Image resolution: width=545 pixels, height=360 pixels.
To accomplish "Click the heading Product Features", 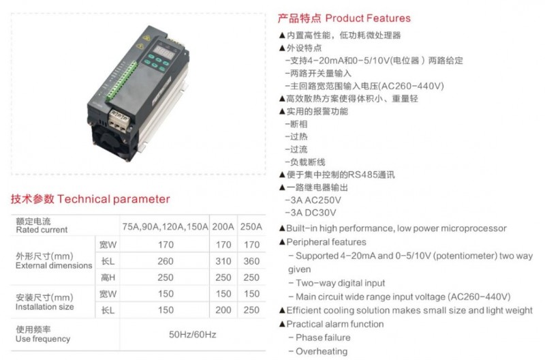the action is pyautogui.click(x=368, y=18).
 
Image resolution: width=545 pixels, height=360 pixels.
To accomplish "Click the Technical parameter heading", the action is pyautogui.click(x=114, y=199).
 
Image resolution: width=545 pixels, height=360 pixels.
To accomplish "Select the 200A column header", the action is pyautogui.click(x=223, y=227).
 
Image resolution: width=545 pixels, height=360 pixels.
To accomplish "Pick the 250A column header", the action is pyautogui.click(x=251, y=227).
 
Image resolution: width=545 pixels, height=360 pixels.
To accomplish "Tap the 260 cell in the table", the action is pyautogui.click(x=166, y=261).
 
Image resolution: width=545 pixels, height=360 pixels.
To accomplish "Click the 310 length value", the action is pyautogui.click(x=223, y=261).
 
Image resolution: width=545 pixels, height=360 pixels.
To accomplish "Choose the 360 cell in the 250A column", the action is pyautogui.click(x=251, y=261).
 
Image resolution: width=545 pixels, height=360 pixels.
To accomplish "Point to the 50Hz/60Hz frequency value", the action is pyautogui.click(x=193, y=335).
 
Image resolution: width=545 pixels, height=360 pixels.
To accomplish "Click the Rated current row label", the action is pyautogui.click(x=42, y=230).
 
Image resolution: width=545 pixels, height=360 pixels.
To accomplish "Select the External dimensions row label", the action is pyautogui.click(x=54, y=266).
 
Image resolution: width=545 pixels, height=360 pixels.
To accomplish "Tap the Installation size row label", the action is pyautogui.click(x=44, y=307).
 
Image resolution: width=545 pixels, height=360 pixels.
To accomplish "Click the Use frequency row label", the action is pyautogui.click(x=43, y=339).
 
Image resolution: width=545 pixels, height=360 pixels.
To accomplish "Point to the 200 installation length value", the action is pyautogui.click(x=223, y=310).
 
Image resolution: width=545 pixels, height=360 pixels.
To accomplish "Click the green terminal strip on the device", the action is pyautogui.click(x=122, y=80).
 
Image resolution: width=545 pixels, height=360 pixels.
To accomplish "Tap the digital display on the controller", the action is pyautogui.click(x=164, y=53).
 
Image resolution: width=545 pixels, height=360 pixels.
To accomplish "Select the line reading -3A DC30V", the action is pyautogui.click(x=311, y=213).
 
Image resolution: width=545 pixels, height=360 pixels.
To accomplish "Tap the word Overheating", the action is pyautogui.click(x=322, y=351).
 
